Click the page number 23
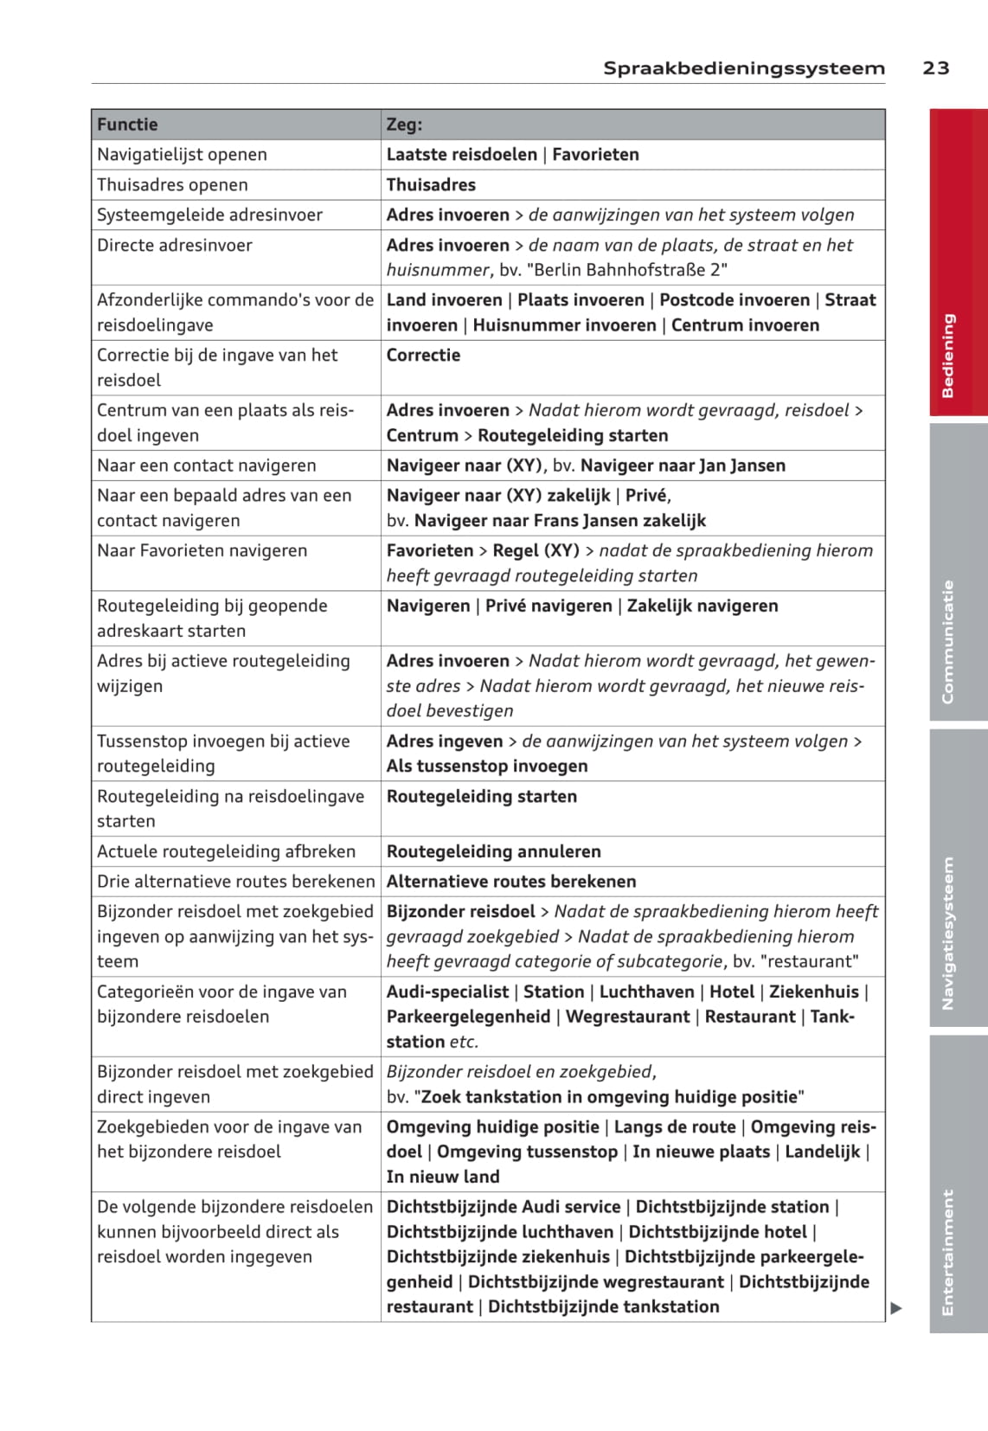935,67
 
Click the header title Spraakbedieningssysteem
744,67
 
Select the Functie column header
127,125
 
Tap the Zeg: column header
404,125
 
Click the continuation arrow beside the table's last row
896,1308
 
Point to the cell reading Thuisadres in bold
431,185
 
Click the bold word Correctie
423,356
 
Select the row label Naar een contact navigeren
206,465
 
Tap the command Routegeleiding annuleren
493,851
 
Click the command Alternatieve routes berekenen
510,882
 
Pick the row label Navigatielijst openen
182,155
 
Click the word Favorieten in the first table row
595,155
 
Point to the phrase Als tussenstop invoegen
487,767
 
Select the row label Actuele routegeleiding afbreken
226,851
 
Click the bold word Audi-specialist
447,992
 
